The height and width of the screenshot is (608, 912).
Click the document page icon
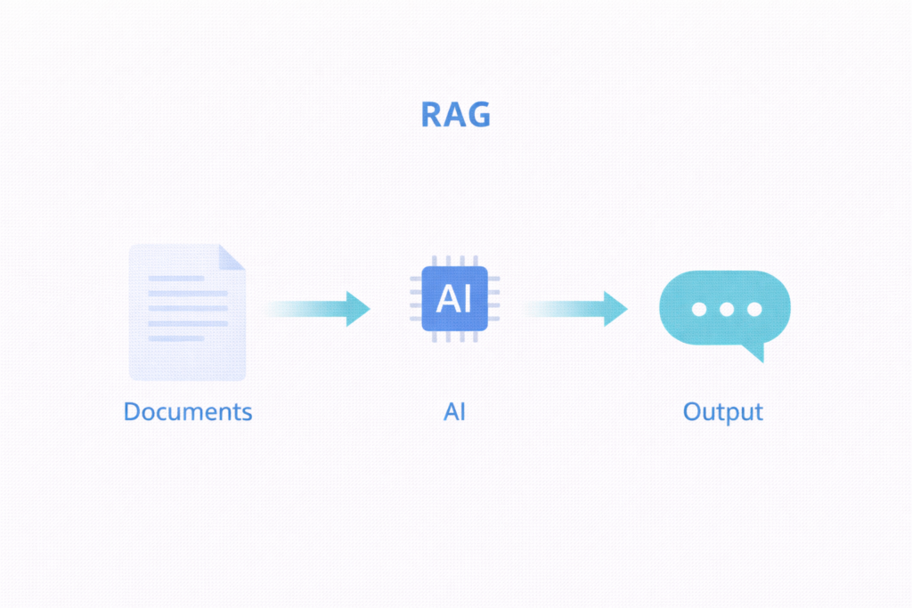187,312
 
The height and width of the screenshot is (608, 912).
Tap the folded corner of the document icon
232,256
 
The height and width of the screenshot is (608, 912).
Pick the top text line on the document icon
176,279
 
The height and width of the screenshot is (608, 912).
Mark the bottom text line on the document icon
176,338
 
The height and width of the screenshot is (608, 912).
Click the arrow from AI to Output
576,309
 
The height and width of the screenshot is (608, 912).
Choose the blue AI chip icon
454,299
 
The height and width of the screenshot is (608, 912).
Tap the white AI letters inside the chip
454,299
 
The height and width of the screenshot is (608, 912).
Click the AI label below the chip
454,412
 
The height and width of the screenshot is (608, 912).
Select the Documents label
188,412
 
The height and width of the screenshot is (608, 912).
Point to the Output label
722,412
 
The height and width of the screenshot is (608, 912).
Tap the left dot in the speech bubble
699,310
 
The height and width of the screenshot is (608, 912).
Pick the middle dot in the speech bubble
727,310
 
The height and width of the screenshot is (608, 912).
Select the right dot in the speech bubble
754,310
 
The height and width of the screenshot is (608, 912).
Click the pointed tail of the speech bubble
758,354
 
